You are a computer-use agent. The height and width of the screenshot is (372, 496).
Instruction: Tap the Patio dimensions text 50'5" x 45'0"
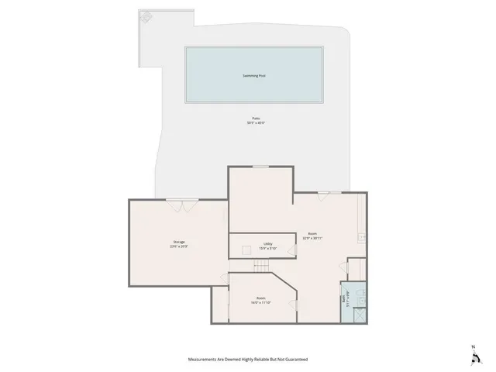255,122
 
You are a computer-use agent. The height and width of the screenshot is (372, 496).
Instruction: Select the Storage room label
179,242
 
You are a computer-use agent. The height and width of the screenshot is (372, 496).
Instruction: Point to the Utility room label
267,243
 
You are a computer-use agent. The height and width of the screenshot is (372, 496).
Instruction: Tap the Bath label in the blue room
343,298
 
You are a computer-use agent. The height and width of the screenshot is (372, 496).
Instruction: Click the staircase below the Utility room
261,266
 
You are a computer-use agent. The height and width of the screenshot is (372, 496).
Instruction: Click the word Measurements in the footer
205,360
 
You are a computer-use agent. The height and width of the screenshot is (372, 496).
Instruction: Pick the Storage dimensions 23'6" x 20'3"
179,246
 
